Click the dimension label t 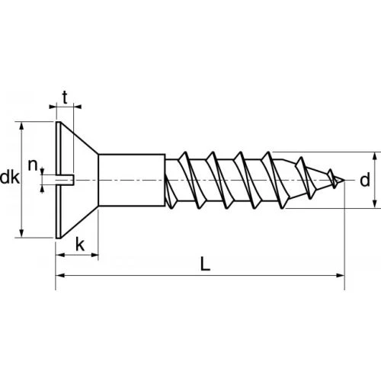pos(65,98)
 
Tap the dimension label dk pos(10,178)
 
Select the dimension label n pos(33,165)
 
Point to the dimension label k pos(80,245)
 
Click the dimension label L pos(205,264)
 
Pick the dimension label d pos(365,181)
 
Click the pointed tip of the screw pos(344,181)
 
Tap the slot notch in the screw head pos(65,180)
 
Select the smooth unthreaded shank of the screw pos(132,180)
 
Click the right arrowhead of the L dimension pos(340,275)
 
